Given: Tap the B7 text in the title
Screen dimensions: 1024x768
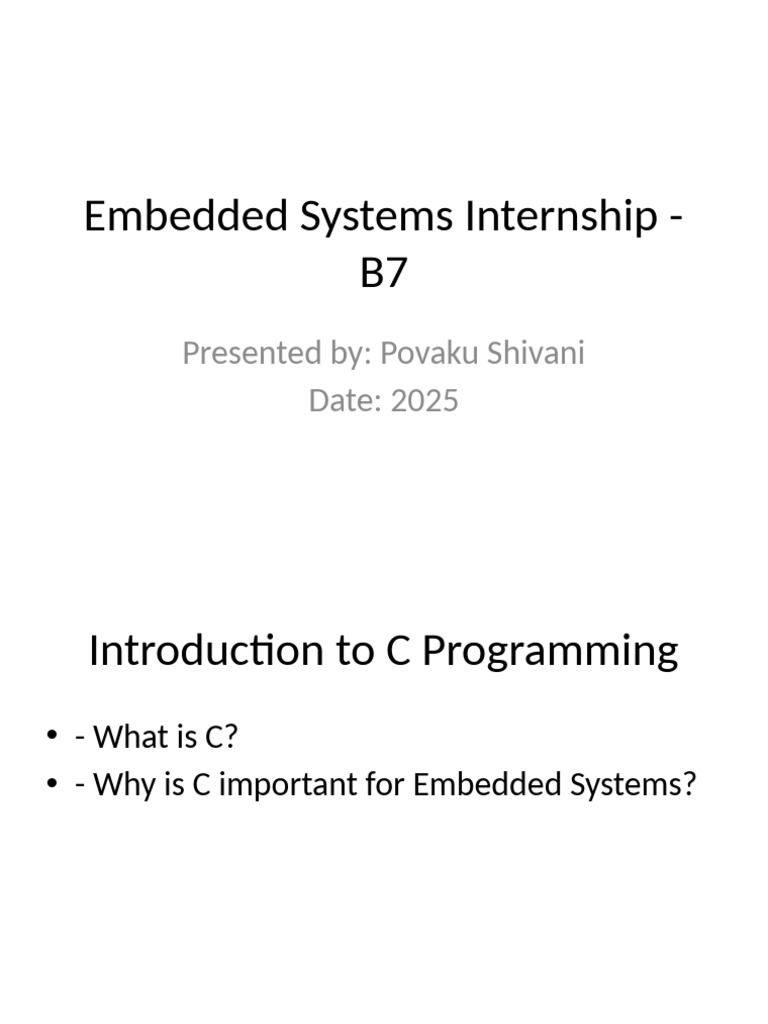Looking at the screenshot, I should pyautogui.click(x=384, y=271).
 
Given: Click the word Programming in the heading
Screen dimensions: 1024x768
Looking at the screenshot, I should pyautogui.click(x=549, y=651).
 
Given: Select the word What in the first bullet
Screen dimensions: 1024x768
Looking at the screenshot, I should pyautogui.click(x=124, y=738).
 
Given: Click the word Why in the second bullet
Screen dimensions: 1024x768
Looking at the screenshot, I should pyautogui.click(x=117, y=786).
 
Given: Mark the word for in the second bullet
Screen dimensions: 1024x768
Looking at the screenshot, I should pyautogui.click(x=383, y=786).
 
